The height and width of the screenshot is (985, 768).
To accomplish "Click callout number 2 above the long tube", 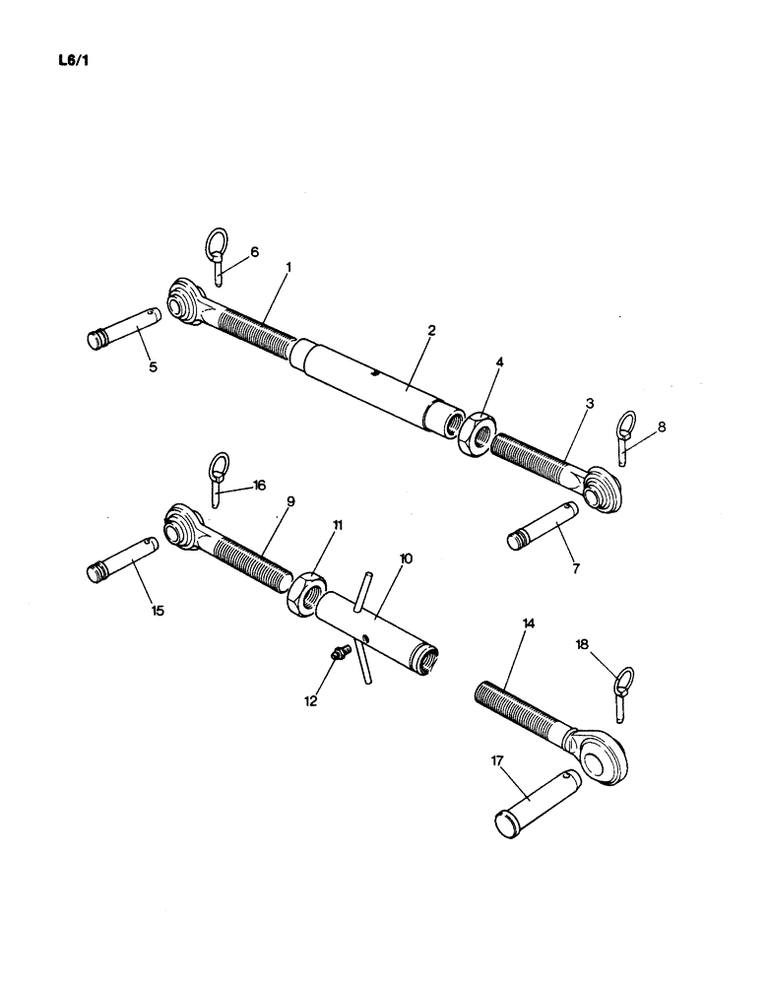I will coord(431,330).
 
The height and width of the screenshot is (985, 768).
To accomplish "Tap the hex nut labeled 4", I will coord(473,433).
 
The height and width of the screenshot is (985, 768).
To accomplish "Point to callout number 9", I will coord(291,500).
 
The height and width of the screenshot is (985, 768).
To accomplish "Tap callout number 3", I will coord(588,403).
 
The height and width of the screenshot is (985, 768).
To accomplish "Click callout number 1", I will coord(289,267).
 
